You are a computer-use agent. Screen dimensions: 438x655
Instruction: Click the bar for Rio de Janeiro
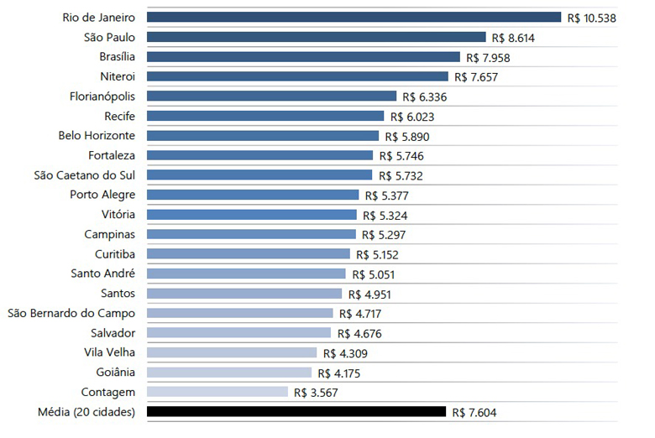[x=354, y=17]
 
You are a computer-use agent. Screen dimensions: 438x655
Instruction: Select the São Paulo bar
[x=316, y=37]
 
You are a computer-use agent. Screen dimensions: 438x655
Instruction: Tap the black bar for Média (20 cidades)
[x=296, y=411]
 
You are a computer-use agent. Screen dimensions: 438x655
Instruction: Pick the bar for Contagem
[x=217, y=392]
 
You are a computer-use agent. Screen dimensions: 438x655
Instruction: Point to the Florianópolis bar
[x=271, y=96]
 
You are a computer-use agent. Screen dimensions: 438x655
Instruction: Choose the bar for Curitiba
[x=248, y=253]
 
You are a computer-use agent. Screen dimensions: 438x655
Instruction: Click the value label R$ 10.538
[x=598, y=18]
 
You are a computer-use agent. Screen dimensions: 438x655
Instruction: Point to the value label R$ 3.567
[x=317, y=393]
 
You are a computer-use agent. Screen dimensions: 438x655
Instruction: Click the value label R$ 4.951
[x=369, y=295]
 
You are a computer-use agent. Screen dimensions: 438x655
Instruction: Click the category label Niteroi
[x=118, y=76]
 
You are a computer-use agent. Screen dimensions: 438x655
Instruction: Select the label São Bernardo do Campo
[x=71, y=313]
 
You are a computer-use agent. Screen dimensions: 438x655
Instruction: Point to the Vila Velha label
[x=110, y=352]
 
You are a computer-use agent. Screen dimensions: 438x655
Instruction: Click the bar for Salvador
[x=238, y=332]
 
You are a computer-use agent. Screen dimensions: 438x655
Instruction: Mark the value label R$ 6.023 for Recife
[x=412, y=117]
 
